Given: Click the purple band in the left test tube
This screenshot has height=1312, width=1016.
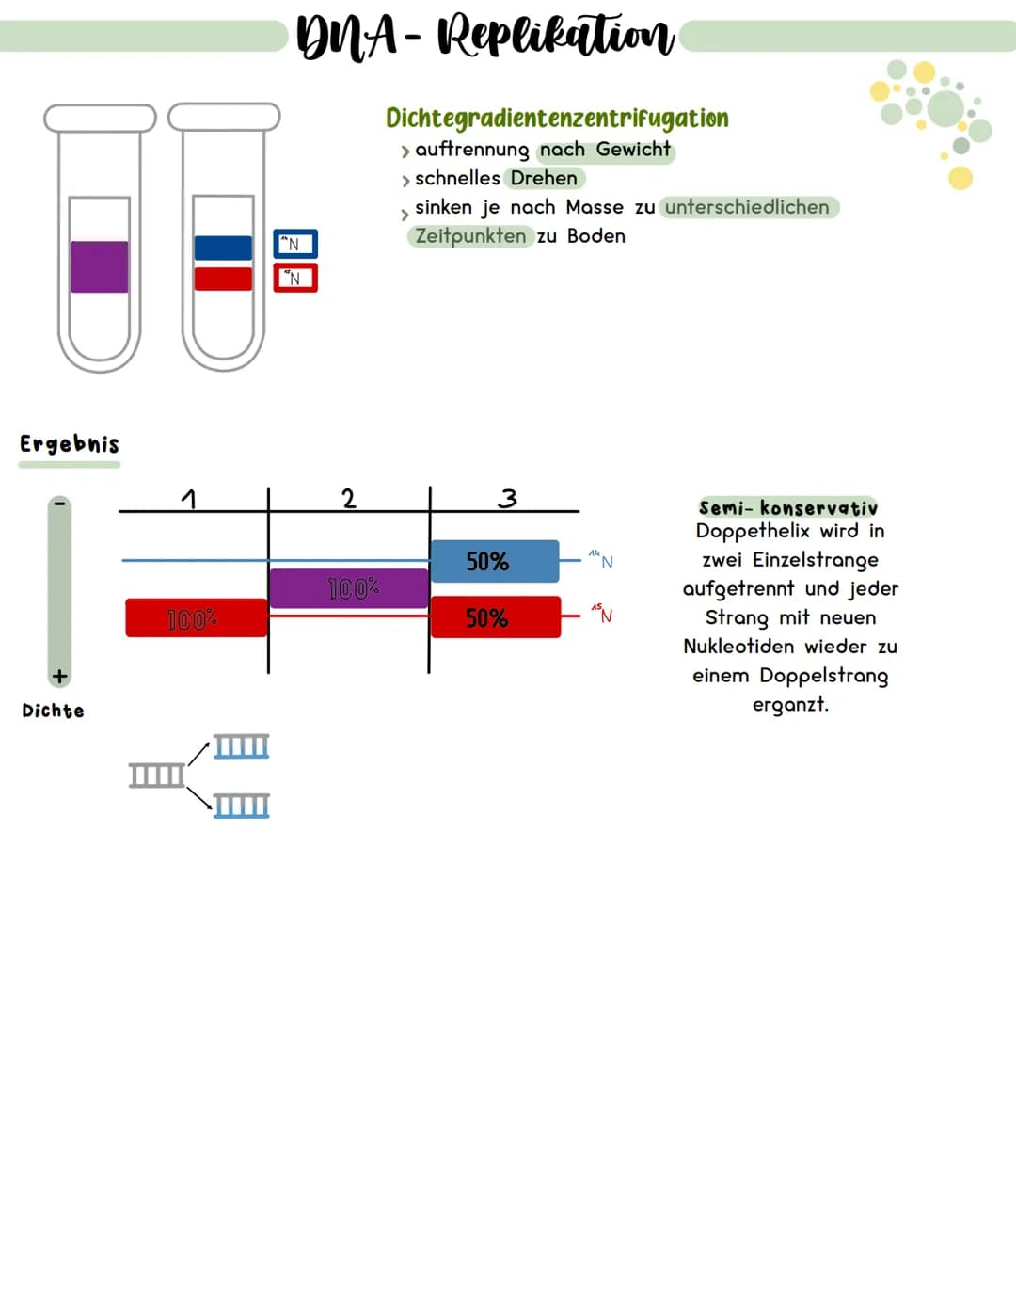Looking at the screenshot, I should click(x=99, y=266).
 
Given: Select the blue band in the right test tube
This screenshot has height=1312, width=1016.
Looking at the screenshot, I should click(x=223, y=248).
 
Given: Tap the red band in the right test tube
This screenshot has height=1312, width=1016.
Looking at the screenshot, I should click(x=223, y=279).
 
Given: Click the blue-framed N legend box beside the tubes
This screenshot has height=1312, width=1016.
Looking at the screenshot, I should click(x=295, y=244).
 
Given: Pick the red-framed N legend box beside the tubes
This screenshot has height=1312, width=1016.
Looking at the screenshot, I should click(x=295, y=278).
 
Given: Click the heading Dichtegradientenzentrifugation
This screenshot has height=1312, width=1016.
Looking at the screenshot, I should click(x=557, y=119).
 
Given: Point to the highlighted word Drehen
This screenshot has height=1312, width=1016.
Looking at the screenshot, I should click(x=544, y=178).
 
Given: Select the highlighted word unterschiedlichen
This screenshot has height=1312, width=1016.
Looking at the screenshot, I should click(x=747, y=207).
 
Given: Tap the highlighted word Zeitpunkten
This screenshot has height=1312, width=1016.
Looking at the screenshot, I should click(x=470, y=235).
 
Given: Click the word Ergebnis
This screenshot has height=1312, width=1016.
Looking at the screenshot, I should click(x=70, y=444).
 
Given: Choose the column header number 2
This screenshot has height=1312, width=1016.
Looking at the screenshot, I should click(x=348, y=498).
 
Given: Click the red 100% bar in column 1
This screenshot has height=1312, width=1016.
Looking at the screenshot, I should click(x=196, y=618).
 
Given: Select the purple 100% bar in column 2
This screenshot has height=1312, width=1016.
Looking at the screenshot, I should click(x=349, y=588).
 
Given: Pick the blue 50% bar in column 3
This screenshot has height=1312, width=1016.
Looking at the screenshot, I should click(x=494, y=561).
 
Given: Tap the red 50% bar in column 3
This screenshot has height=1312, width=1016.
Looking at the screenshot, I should click(x=495, y=617).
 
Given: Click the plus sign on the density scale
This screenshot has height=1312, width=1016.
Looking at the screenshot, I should click(x=59, y=676).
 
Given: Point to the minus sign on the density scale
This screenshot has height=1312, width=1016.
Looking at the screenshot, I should click(x=59, y=504).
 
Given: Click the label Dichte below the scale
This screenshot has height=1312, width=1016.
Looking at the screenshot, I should click(x=53, y=711).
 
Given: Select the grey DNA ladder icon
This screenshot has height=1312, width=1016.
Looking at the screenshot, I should click(x=157, y=776).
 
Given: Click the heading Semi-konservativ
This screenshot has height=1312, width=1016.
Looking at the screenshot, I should click(x=787, y=508).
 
